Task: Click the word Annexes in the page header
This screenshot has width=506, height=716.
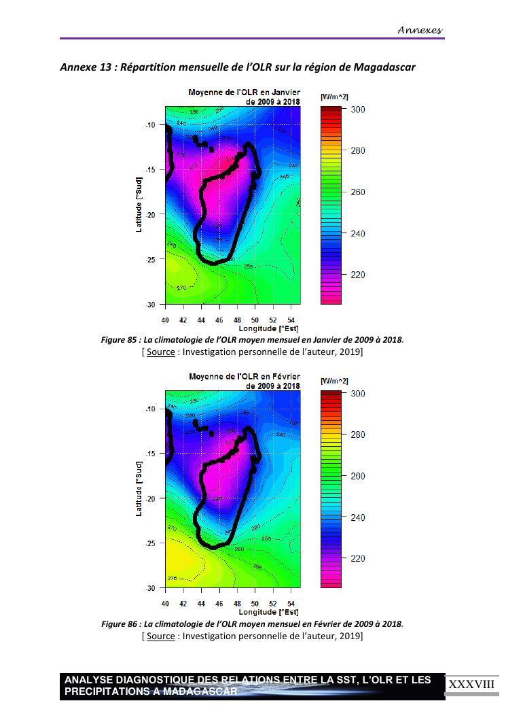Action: (x=420, y=29)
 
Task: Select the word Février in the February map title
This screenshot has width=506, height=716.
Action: (x=285, y=376)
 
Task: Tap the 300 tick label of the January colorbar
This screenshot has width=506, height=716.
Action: (x=357, y=109)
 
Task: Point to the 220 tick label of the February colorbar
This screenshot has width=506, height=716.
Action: (x=357, y=559)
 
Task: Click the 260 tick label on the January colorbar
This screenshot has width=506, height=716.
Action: (x=357, y=192)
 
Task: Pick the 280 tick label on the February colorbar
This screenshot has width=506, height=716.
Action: (x=357, y=435)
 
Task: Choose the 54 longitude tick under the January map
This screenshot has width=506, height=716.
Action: (x=291, y=320)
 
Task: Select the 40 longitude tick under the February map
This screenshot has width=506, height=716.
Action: (x=166, y=604)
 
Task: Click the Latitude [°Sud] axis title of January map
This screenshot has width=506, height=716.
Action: (x=139, y=205)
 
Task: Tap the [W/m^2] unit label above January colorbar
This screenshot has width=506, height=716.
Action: (x=334, y=97)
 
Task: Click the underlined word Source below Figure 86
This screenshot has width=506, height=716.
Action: (x=160, y=636)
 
